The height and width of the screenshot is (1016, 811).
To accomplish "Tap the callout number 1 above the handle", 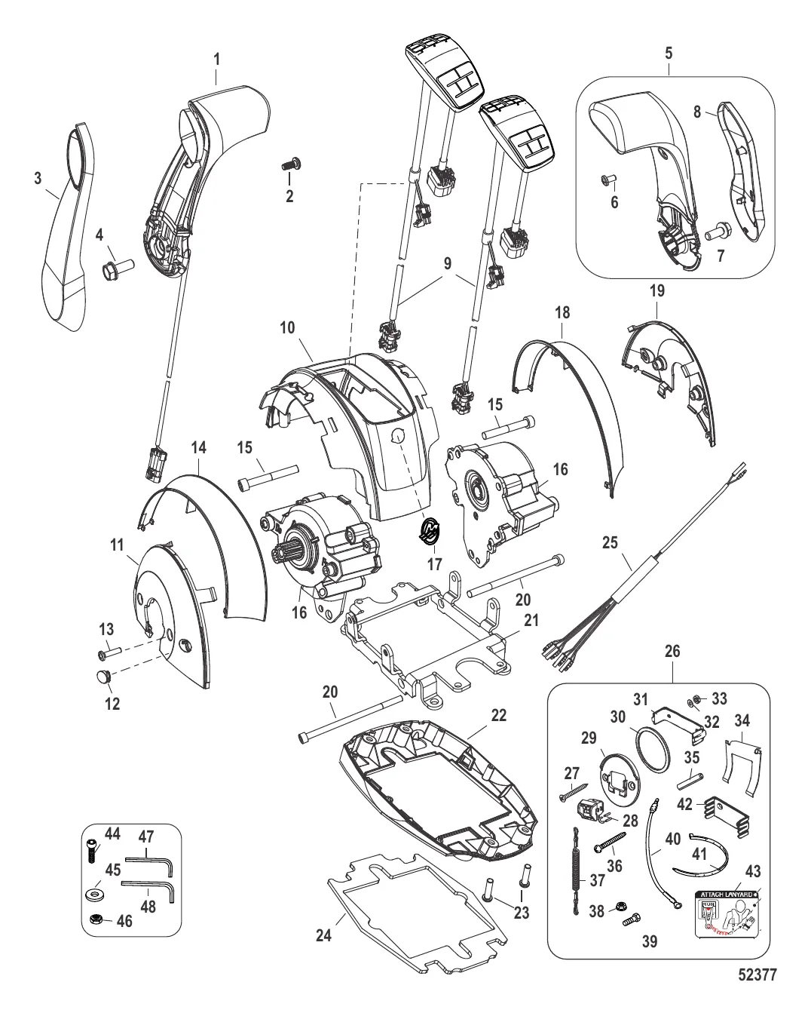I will (x=216, y=57).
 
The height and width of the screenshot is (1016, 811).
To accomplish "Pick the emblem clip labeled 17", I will (x=430, y=529).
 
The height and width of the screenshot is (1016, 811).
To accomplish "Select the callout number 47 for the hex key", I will (x=147, y=836).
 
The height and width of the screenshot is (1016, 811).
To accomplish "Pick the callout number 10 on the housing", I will (x=288, y=328).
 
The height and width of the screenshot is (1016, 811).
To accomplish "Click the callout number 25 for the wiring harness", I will (x=611, y=541).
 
